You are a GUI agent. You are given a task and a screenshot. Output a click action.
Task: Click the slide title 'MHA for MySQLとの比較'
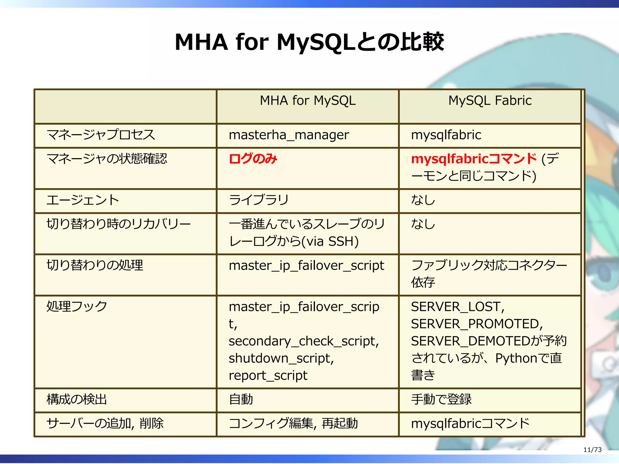point(309,42)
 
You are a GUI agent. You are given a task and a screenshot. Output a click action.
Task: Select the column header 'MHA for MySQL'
point(308,101)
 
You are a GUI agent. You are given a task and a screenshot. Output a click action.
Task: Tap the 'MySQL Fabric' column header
point(490,101)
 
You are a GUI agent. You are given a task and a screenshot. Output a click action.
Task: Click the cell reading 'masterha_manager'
point(289,135)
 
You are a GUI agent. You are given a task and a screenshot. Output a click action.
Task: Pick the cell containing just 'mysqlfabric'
point(446,135)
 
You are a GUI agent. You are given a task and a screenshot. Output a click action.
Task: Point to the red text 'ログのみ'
point(253,159)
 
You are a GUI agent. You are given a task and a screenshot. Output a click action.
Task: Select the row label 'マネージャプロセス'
point(101,135)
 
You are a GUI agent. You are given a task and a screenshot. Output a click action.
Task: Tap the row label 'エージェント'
point(83,200)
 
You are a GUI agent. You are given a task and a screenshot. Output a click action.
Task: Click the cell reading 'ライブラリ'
point(259,200)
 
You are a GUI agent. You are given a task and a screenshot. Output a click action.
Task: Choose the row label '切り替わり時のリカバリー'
point(118,224)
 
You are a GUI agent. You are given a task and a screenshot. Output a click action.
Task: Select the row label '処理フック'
point(77,306)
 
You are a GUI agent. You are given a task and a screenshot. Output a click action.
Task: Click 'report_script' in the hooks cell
point(268,376)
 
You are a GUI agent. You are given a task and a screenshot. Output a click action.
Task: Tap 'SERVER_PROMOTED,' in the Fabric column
point(477,324)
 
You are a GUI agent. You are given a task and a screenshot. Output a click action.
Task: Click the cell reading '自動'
point(241,400)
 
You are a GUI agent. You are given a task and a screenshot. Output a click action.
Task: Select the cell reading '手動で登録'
point(441,400)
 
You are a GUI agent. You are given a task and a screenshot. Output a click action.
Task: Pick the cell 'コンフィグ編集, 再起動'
point(293,424)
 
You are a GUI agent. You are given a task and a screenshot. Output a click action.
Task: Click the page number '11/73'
point(592,450)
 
